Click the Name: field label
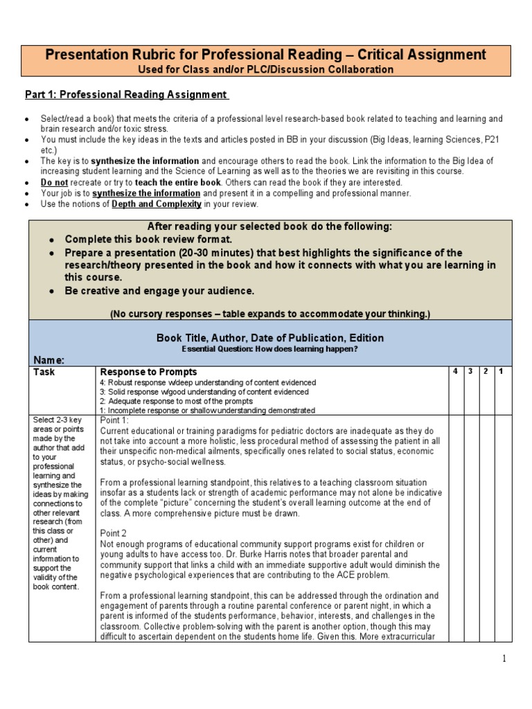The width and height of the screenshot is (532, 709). pyautogui.click(x=49, y=360)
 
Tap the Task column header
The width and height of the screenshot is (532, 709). pyautogui.click(x=44, y=372)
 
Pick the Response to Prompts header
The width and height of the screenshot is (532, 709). pyautogui.click(x=149, y=372)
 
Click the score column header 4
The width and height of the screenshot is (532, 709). pyautogui.click(x=455, y=372)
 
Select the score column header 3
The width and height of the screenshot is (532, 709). pyautogui.click(x=471, y=372)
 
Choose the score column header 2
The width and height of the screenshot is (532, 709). pyautogui.click(x=487, y=372)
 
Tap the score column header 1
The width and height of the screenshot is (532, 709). pyautogui.click(x=502, y=372)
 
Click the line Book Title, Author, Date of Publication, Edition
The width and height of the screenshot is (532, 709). pyautogui.click(x=270, y=338)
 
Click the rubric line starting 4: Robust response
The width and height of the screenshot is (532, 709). pyautogui.click(x=209, y=382)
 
